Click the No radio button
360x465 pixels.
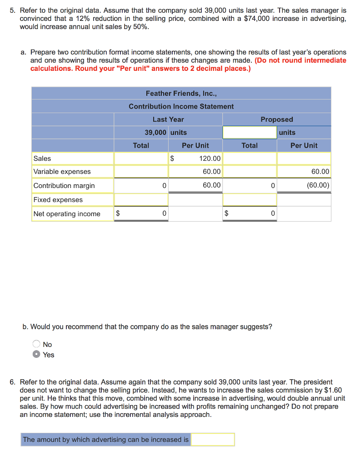(x=36, y=344)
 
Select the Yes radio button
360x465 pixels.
(x=36, y=355)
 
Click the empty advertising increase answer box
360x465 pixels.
(x=213, y=440)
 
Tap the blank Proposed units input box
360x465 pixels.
(x=250, y=133)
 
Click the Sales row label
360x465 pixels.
(x=42, y=158)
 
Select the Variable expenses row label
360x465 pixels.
(x=62, y=172)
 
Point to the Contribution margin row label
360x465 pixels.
(x=64, y=186)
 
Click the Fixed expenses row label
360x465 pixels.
(x=58, y=200)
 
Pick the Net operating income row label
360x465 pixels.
(x=67, y=214)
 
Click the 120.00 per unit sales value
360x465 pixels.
(x=210, y=158)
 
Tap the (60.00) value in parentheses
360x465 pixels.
(x=318, y=185)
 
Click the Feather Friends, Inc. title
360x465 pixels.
(x=181, y=93)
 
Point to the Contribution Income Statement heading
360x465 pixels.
(x=181, y=106)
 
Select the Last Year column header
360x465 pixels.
(x=168, y=119)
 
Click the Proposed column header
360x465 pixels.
(x=276, y=119)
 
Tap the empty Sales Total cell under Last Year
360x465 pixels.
(x=141, y=158)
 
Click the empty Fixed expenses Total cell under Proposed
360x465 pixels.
(x=250, y=200)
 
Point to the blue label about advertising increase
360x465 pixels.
(x=105, y=440)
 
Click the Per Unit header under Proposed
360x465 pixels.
(x=304, y=145)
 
